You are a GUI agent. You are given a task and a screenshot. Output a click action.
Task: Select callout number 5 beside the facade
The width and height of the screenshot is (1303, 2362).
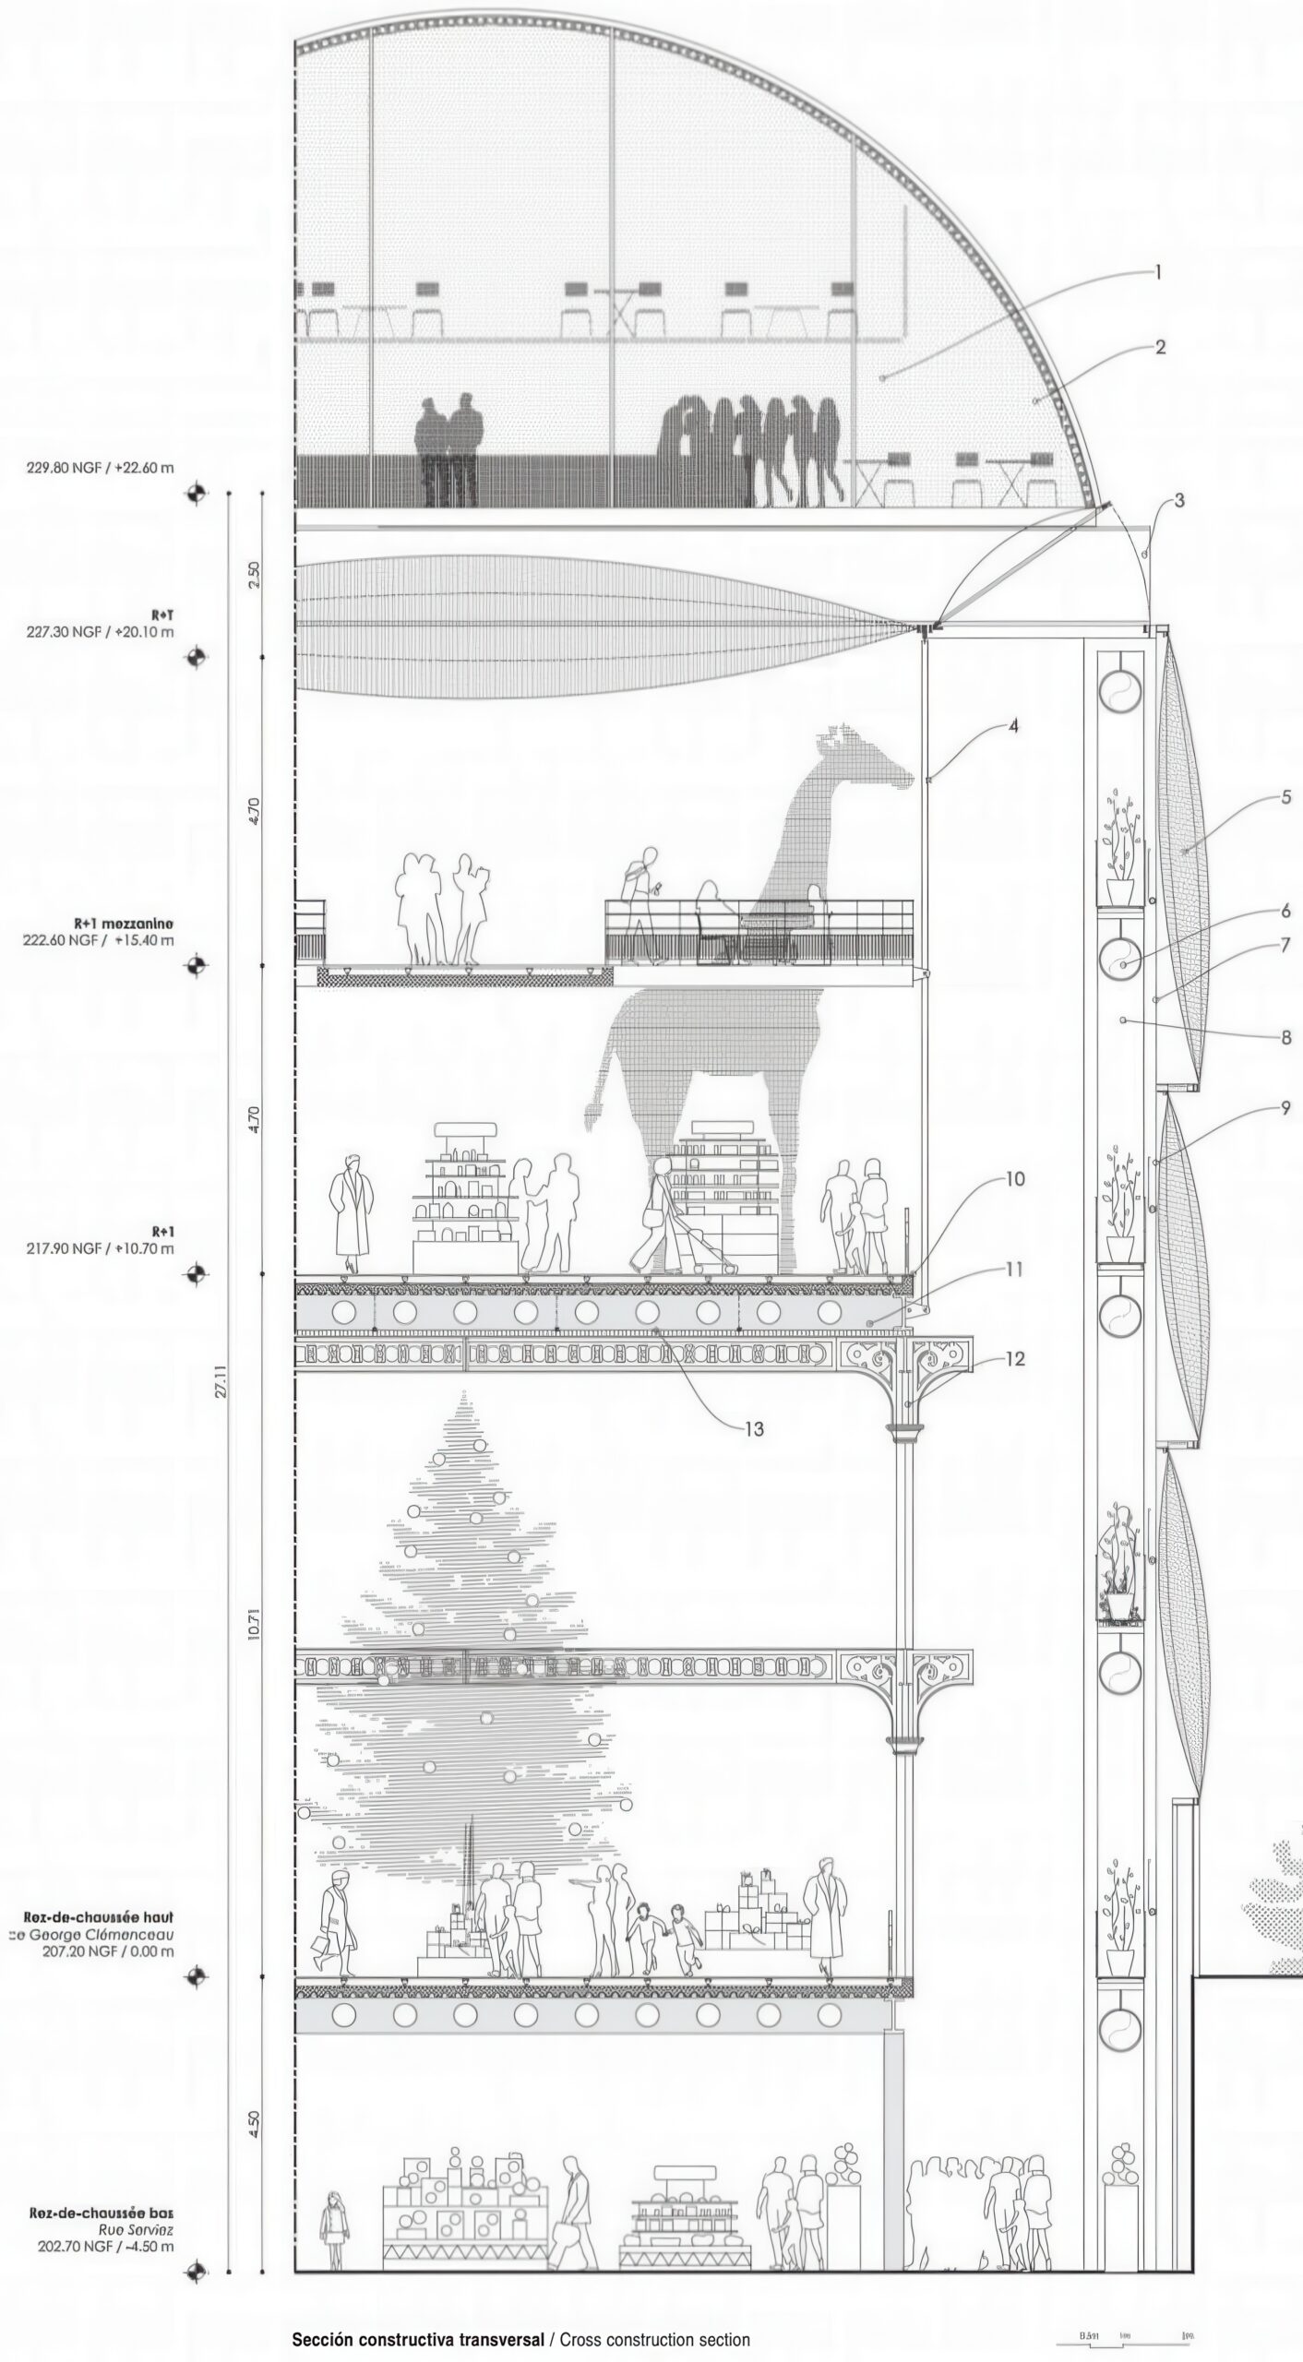[1286, 797]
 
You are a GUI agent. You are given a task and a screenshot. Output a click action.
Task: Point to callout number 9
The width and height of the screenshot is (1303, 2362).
[1286, 1108]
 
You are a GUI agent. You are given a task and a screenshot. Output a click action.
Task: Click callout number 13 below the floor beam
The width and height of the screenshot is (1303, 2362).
[755, 1428]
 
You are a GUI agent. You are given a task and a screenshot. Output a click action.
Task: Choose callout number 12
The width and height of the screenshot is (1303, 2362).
[1014, 1359]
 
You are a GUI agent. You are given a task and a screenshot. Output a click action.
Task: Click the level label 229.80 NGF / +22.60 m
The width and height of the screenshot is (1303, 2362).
[100, 468]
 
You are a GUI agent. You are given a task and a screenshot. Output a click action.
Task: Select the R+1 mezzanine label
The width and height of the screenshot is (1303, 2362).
[124, 923]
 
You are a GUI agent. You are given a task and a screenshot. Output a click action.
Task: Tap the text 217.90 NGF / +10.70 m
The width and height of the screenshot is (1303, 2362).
[100, 1248]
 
